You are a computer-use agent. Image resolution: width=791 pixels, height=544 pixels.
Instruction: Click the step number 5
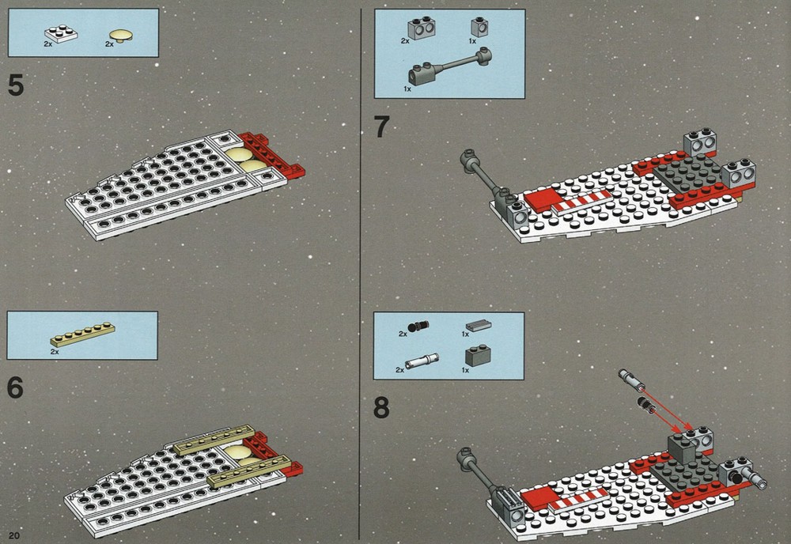point(16,85)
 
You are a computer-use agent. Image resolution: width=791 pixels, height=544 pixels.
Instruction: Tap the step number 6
point(16,387)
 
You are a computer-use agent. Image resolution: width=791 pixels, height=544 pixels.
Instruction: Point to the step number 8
point(381,407)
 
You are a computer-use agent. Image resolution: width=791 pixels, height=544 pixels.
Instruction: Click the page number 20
point(13,535)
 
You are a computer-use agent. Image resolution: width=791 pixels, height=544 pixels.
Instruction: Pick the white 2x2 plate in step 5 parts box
point(61,34)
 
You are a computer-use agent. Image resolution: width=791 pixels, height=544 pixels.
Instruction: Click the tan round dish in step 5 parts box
point(121,36)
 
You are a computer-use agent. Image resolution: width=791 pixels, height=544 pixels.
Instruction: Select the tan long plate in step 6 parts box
point(83,334)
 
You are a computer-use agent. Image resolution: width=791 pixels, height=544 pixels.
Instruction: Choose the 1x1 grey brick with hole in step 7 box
point(479,27)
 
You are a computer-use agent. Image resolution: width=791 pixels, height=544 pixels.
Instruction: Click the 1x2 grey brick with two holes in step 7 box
point(422,28)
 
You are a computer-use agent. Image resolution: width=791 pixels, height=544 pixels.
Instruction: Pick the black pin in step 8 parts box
point(418,327)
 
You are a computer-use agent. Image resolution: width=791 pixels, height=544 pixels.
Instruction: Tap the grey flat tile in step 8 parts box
point(479,326)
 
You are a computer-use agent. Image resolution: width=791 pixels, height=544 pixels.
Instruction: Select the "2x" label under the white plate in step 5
point(48,44)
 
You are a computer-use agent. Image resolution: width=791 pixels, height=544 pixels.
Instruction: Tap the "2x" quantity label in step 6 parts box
point(55,352)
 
